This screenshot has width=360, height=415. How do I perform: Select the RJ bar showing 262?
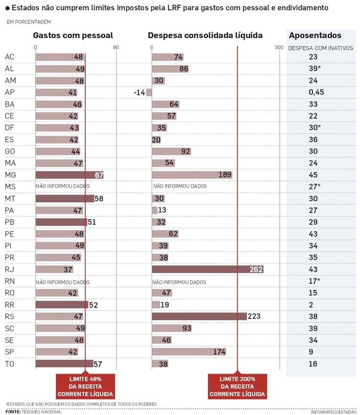tap(207, 270)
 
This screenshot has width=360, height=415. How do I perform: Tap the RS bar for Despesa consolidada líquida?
tap(199, 317)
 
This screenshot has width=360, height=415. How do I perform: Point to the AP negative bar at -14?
tap(149, 92)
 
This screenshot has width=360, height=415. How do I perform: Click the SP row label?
tap(9, 352)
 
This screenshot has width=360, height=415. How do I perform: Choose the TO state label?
tap(9, 364)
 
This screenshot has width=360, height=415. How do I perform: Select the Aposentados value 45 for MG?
tap(313, 175)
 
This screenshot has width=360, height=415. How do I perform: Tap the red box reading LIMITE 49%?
tap(85, 387)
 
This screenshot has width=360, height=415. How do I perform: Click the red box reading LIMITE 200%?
tap(237, 387)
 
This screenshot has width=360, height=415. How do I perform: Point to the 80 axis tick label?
tap(115, 47)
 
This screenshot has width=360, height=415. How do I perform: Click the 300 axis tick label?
tap(279, 47)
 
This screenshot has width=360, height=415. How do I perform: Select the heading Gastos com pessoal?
tap(73, 36)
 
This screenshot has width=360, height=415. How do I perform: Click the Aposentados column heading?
tap(315, 36)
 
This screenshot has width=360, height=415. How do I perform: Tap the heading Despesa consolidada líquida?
tap(205, 36)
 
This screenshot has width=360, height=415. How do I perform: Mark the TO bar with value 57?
tap(64, 364)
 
